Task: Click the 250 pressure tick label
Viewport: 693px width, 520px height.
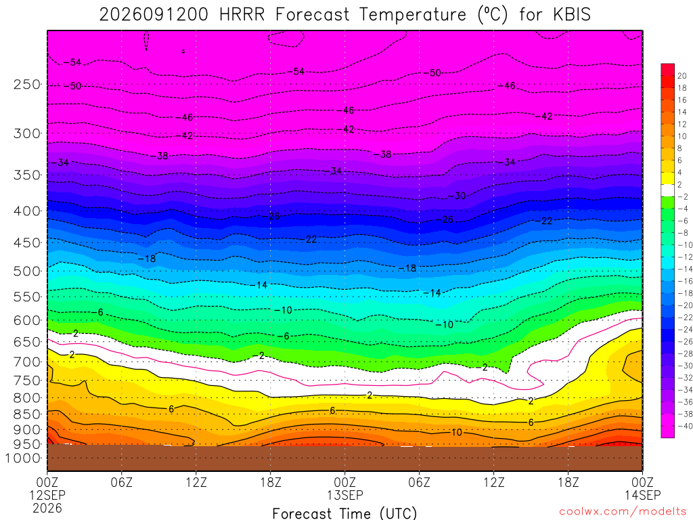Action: [27, 84]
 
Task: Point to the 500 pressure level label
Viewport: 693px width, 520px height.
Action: [27, 271]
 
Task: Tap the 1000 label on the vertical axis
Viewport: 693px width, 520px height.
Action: [24, 458]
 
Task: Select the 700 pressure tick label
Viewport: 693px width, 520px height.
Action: [27, 362]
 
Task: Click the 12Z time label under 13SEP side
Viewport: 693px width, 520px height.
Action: [493, 481]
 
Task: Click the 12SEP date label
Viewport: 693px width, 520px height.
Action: [47, 495]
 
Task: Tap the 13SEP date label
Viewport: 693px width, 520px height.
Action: [344, 495]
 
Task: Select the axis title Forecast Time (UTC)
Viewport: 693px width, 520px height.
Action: [344, 513]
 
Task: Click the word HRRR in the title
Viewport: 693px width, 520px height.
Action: [242, 15]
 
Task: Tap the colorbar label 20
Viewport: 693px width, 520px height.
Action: [682, 76]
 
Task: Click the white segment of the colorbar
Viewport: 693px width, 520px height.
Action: [668, 190]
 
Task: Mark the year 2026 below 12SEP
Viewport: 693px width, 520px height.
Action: [47, 508]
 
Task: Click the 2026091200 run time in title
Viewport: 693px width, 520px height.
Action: [154, 15]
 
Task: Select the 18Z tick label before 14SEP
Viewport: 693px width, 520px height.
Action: [568, 481]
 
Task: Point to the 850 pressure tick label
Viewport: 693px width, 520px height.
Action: [27, 414]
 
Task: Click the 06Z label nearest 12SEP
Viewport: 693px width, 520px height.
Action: [122, 481]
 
